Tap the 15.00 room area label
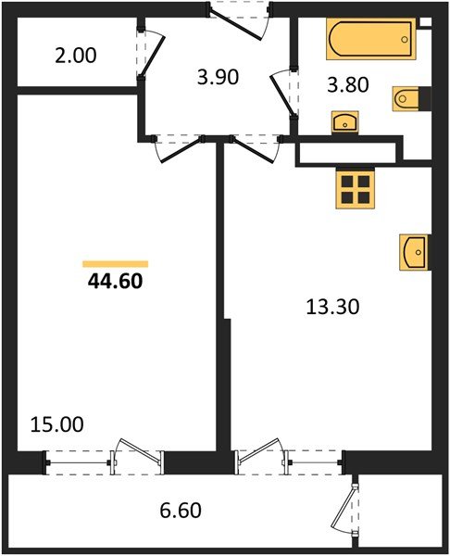(x=56, y=425)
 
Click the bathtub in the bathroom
(x=369, y=40)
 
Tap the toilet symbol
(x=410, y=97)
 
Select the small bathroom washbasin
(x=345, y=121)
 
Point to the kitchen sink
(x=414, y=252)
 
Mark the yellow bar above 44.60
(x=115, y=264)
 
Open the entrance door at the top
(x=239, y=19)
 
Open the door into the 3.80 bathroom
(x=283, y=93)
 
